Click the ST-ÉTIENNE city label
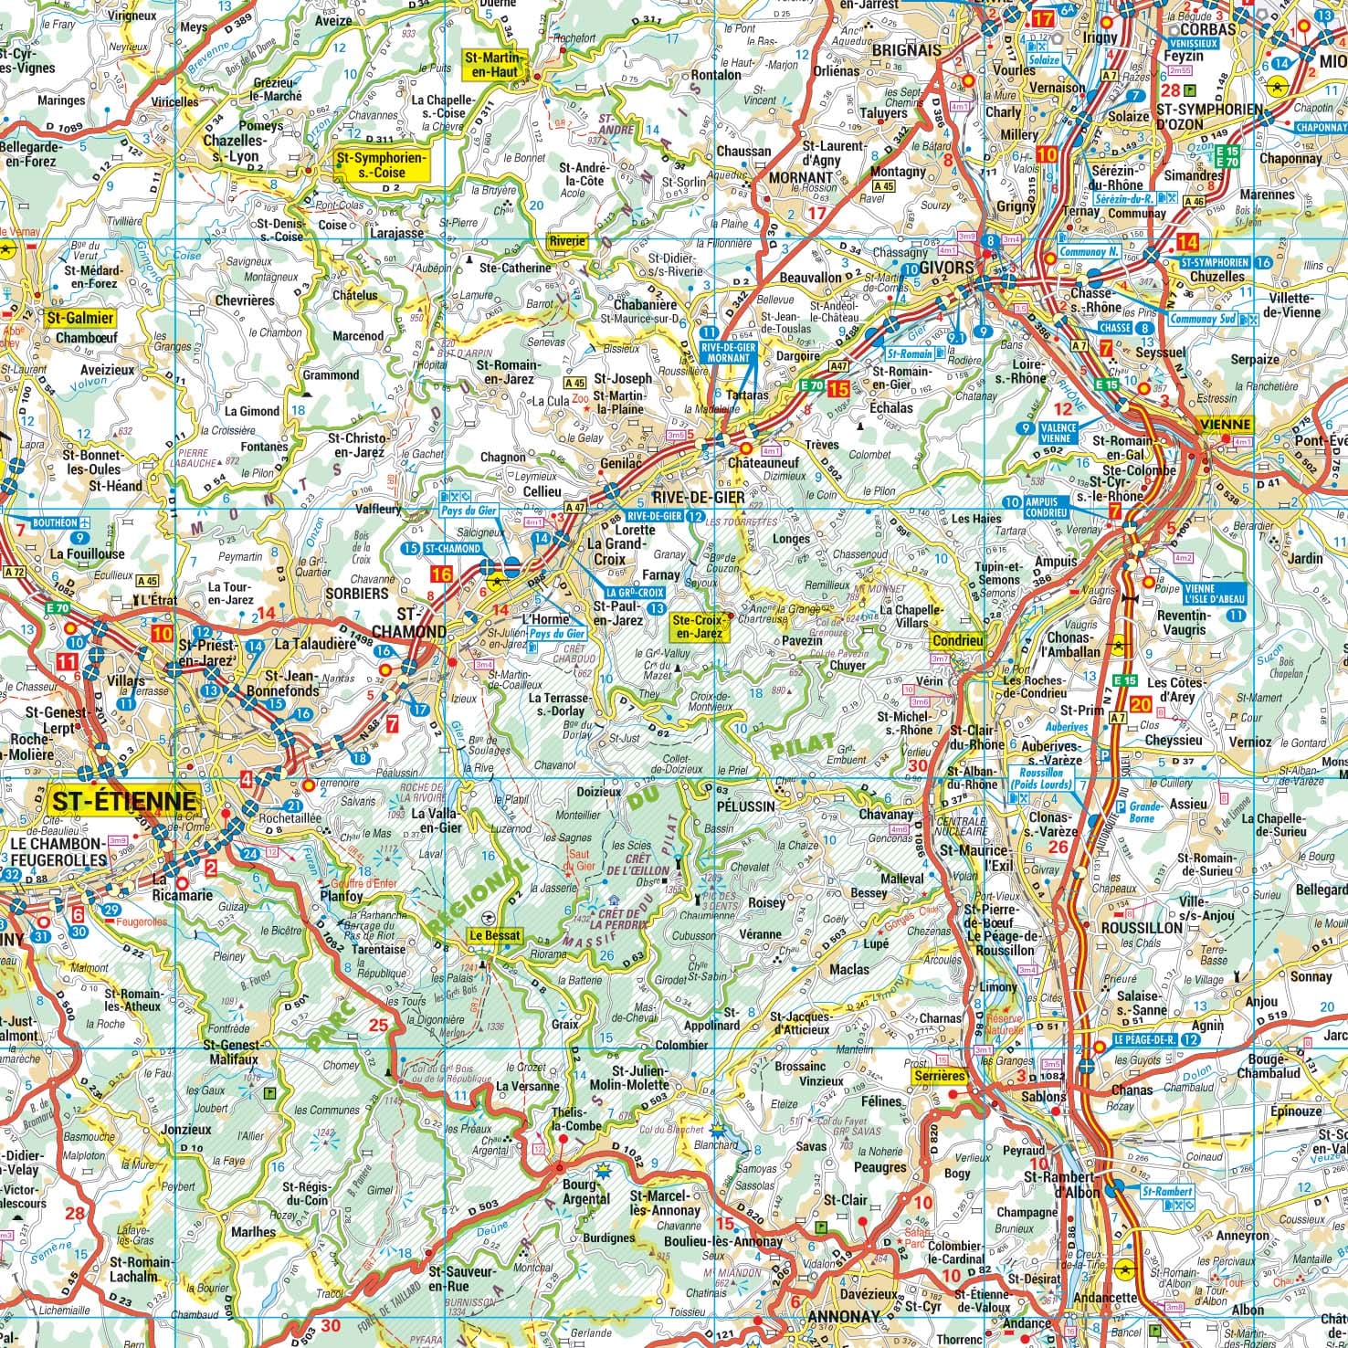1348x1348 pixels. (x=124, y=802)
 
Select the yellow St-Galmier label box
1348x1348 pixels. (x=79, y=318)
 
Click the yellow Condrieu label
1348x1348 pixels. (x=957, y=641)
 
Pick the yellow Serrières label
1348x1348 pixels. (x=938, y=1077)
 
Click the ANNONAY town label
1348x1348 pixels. (x=844, y=1316)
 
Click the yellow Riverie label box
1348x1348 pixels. (x=568, y=241)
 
